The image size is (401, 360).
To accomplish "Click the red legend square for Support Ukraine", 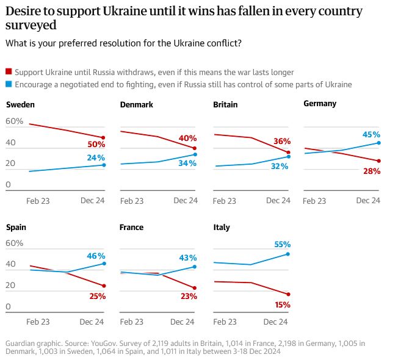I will pyautogui.click(x=9, y=72).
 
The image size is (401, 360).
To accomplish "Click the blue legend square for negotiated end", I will pyautogui.click(x=9, y=84).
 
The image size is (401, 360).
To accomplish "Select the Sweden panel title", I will pyautogui.click(x=20, y=104).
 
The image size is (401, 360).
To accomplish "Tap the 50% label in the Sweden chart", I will pyautogui.click(x=96, y=145).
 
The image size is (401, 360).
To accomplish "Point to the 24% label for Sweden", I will pyautogui.click(x=96, y=157).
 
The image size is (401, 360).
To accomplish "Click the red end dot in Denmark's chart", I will pyautogui.click(x=195, y=148).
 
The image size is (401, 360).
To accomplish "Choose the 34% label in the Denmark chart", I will pyautogui.click(x=187, y=163).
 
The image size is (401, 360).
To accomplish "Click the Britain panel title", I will pyautogui.click(x=225, y=104).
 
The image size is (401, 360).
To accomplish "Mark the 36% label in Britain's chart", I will pyautogui.click(x=281, y=141).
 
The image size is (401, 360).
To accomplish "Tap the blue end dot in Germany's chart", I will pyautogui.click(x=378, y=143).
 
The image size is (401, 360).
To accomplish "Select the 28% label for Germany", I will pyautogui.click(x=371, y=171).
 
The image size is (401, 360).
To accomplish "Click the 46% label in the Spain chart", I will pyautogui.click(x=96, y=256).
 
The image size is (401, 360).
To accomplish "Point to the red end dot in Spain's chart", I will pyautogui.click(x=104, y=286).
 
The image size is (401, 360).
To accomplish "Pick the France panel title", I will pyautogui.click(x=131, y=227).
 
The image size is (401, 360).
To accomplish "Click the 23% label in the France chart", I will pyautogui.click(x=189, y=296).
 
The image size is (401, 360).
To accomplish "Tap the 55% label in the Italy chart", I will pyautogui.click(x=282, y=244).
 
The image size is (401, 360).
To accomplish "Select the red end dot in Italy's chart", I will pyautogui.click(x=288, y=294).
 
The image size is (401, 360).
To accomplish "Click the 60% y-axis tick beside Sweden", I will pyautogui.click(x=14, y=121).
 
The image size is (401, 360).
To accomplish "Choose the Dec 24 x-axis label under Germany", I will pyautogui.click(x=368, y=200).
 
